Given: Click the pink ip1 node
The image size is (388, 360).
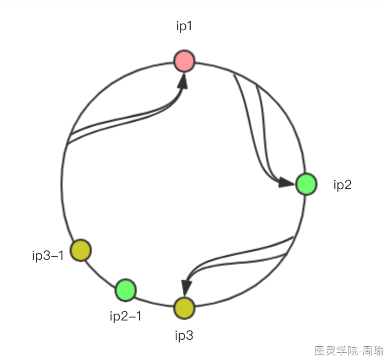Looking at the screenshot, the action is click(x=184, y=61).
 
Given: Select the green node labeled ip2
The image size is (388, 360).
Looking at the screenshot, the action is click(x=306, y=184).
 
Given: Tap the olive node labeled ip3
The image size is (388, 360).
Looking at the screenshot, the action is click(x=184, y=308).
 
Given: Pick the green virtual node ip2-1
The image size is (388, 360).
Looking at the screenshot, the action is click(x=125, y=290).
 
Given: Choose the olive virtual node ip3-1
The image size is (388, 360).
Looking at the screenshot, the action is click(x=81, y=251).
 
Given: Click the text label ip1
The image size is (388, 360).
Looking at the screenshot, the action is click(x=184, y=27).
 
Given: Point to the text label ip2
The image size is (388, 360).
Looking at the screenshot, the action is click(x=343, y=185).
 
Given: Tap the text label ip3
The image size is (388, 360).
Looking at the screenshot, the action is click(x=184, y=336).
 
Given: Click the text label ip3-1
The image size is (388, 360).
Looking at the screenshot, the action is click(x=48, y=256).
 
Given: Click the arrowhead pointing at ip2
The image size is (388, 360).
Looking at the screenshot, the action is click(x=285, y=183).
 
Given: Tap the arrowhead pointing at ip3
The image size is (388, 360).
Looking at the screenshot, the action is click(x=186, y=287).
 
